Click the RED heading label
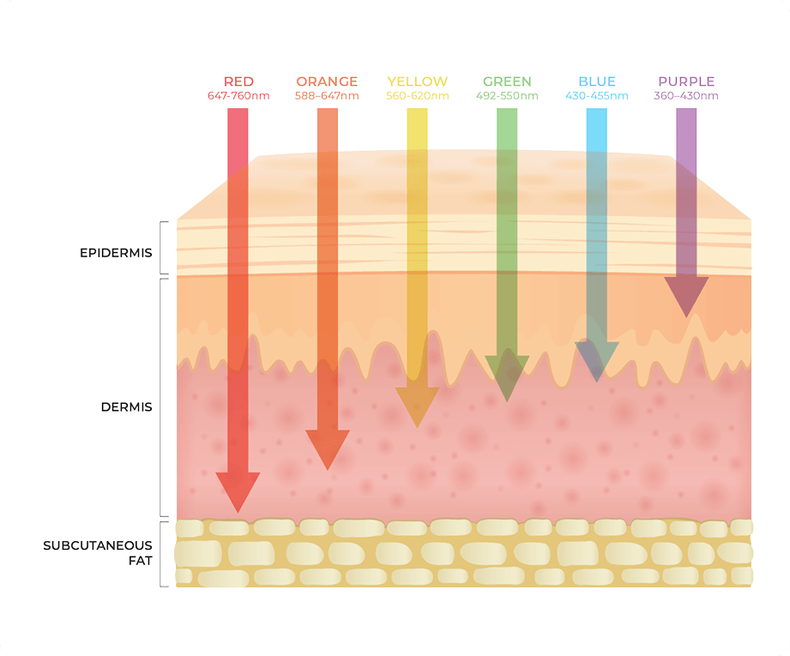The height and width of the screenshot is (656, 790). point(238,81)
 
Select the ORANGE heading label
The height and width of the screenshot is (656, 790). point(327,81)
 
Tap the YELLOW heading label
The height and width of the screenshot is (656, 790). point(417,81)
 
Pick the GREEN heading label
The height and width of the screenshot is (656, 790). point(507,81)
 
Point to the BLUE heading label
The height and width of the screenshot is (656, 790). point(597,81)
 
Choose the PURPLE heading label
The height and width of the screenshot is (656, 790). point(686,81)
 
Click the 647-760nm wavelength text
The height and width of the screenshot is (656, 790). point(238,96)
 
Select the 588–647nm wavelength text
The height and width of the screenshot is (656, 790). point(327,96)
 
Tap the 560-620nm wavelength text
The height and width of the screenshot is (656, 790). point(417,96)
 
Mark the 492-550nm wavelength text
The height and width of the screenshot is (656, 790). point(507,96)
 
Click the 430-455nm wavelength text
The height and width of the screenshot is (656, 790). point(597,96)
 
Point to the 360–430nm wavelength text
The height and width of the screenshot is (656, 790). point(686,96)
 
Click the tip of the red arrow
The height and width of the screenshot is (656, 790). point(238,513)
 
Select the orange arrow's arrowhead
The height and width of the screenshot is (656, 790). point(328,448)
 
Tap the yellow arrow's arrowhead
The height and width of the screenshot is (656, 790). point(417,406)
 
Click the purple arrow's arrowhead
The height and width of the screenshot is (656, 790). point(686,295)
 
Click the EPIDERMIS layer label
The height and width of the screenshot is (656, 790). point(116,253)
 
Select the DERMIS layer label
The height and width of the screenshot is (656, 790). point(126,407)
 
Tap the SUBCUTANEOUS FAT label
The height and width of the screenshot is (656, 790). point(98,553)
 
